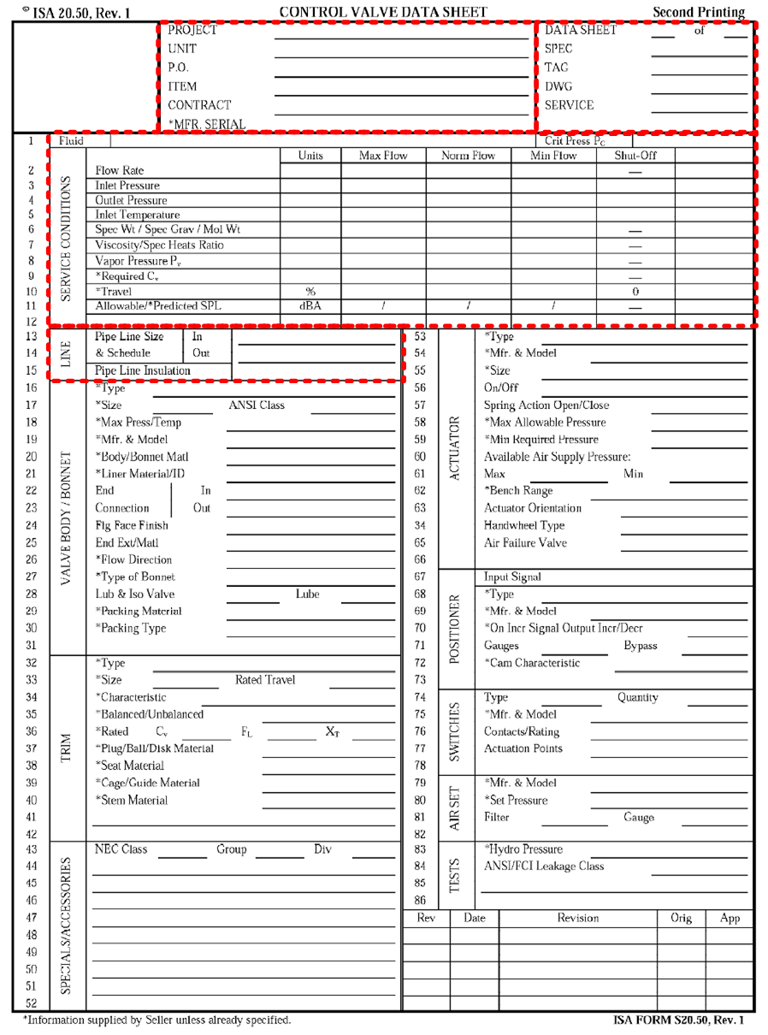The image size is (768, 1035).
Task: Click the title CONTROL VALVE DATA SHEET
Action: coord(383,12)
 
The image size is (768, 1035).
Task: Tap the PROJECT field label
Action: coord(192,30)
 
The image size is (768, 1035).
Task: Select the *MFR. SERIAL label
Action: coord(206,124)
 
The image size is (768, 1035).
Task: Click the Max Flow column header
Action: coord(383,156)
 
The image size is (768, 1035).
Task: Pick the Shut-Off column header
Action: coord(635,156)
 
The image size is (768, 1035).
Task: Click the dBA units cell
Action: coord(310,305)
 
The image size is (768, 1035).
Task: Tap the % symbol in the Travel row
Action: coord(310,291)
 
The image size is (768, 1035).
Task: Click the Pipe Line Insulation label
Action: coord(143,370)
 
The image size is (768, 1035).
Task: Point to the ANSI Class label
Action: coord(257,405)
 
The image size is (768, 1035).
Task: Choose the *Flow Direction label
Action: coord(133,559)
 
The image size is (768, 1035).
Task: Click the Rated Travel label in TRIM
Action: coord(265,680)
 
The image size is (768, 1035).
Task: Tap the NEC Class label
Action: coord(121,849)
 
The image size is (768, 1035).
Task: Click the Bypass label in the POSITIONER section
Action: coord(640,646)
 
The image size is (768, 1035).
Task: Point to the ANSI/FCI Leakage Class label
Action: coord(543,866)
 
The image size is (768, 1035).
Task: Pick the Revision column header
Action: coord(578,918)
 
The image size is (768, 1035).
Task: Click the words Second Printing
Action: coord(699,12)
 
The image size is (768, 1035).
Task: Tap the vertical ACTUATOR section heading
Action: coord(454,448)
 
